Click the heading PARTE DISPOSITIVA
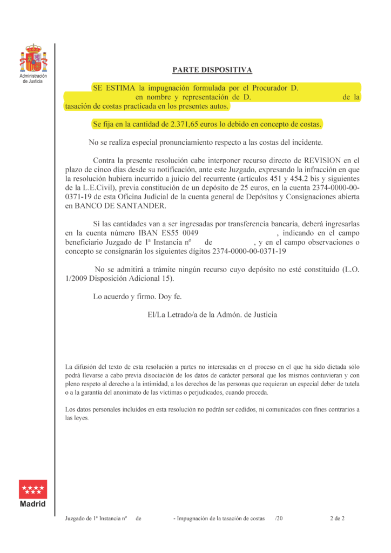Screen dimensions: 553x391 tap(212, 70)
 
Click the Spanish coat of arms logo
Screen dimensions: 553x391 tap(33, 59)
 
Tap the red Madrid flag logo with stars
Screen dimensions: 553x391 tap(33, 489)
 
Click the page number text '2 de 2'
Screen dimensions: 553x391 tap(338, 518)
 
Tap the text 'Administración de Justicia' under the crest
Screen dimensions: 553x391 tap(33, 78)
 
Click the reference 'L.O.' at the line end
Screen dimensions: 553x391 tap(352, 269)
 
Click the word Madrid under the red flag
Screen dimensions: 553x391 tap(33, 504)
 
